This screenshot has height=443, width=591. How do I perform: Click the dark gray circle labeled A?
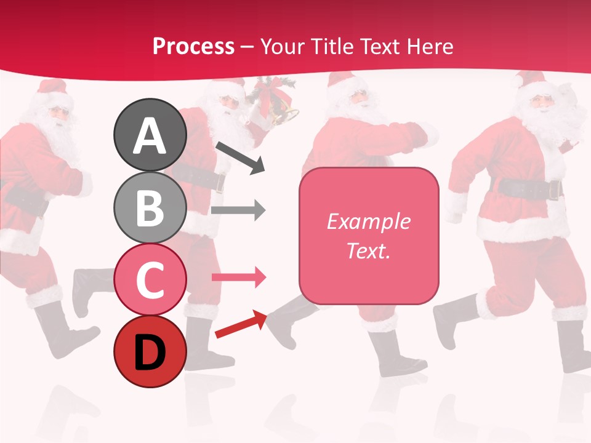(x=150, y=135)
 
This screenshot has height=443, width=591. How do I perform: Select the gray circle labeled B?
(x=150, y=208)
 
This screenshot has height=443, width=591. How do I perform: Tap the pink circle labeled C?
(x=150, y=279)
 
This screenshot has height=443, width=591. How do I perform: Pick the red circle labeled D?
(x=150, y=352)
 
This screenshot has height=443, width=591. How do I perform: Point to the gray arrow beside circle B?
(x=238, y=210)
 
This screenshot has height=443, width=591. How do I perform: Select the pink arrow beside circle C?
(x=238, y=277)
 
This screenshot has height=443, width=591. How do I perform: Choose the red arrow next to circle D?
(x=240, y=324)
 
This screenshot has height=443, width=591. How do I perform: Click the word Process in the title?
(x=193, y=46)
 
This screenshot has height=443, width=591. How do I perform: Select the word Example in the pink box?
(x=368, y=221)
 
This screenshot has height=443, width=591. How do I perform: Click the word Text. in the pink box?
(x=368, y=250)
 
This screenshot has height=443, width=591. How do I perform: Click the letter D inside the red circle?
(x=150, y=353)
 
